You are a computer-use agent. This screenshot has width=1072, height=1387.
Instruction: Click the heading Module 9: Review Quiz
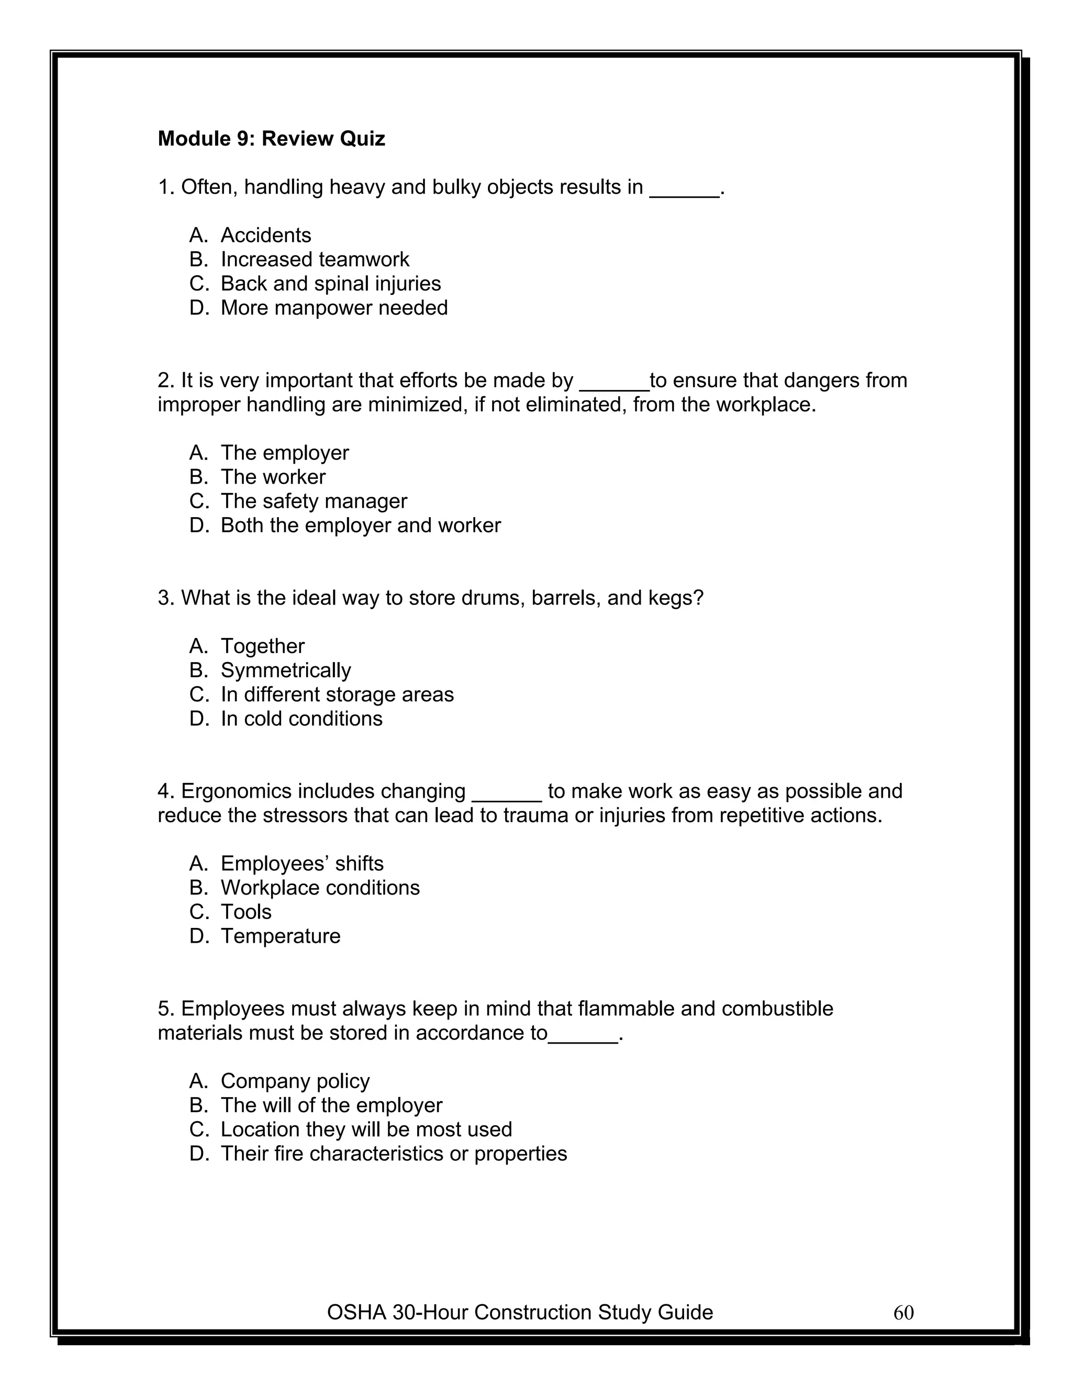(x=271, y=139)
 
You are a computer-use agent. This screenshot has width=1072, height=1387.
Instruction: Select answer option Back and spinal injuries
(x=330, y=284)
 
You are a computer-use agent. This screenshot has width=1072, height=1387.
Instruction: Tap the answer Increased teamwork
(x=315, y=260)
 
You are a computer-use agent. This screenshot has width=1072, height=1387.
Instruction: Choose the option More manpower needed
(x=333, y=308)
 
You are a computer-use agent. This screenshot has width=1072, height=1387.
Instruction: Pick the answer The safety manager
(x=313, y=501)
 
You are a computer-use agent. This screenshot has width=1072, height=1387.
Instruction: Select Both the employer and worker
(x=360, y=525)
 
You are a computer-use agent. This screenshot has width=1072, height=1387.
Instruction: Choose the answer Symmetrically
(x=285, y=670)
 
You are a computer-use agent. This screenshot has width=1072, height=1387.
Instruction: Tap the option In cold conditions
(x=301, y=719)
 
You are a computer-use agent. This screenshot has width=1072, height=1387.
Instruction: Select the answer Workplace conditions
(x=319, y=888)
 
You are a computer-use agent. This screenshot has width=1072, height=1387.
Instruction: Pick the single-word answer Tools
(x=246, y=912)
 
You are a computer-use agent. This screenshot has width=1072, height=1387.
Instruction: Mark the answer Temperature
(x=280, y=936)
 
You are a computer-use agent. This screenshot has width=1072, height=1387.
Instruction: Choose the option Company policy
(x=295, y=1081)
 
